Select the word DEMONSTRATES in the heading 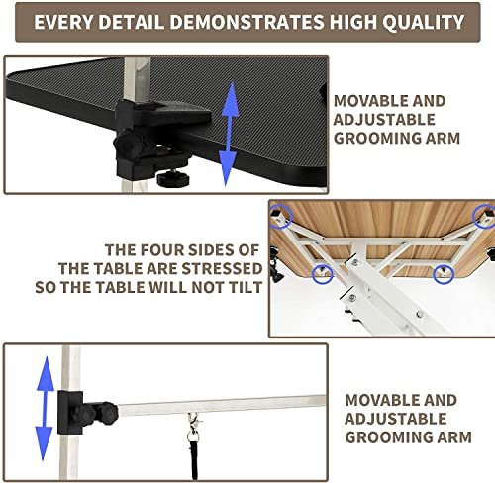tap(247, 22)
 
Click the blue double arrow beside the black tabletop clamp tap(230, 134)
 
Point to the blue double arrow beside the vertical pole tap(45, 409)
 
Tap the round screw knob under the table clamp tap(173, 178)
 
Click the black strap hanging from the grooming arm tap(194, 459)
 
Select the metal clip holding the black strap tap(194, 428)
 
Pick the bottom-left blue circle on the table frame tap(323, 273)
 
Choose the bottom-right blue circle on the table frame tap(444, 274)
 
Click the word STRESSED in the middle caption tap(222, 269)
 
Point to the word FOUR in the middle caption tap(160, 250)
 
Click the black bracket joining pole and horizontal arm tap(70, 413)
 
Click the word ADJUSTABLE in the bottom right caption tap(396, 419)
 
